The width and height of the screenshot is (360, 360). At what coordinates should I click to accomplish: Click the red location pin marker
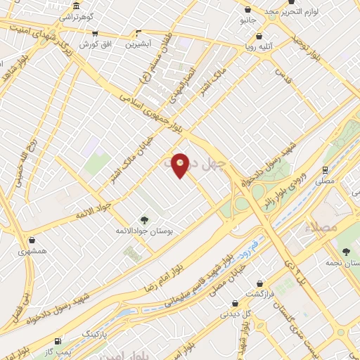[x=181, y=165]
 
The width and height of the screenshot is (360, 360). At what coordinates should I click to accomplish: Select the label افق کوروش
[x=92, y=44]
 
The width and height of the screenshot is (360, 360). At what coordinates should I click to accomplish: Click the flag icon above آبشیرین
[x=138, y=33]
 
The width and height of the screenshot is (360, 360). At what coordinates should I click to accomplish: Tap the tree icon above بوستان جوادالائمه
[x=144, y=220]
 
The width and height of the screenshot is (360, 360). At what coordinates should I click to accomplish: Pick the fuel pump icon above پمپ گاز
[x=58, y=340]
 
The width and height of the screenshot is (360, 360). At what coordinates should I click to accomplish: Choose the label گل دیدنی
[x=233, y=314]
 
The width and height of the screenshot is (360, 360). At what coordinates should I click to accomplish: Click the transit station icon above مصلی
[x=325, y=169]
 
